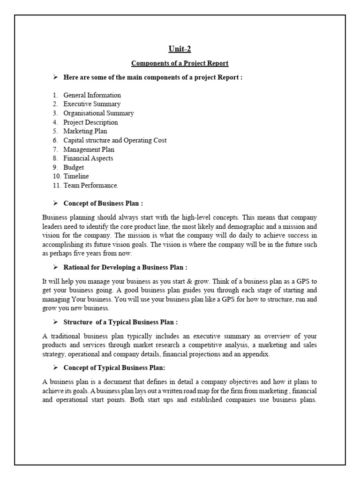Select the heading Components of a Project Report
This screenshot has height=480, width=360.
click(x=180, y=63)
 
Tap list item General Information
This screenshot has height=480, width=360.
click(x=92, y=95)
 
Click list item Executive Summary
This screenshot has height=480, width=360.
click(x=92, y=104)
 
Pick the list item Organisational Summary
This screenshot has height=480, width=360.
click(x=98, y=113)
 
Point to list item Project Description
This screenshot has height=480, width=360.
click(x=90, y=122)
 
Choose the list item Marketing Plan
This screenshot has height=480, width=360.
click(x=85, y=131)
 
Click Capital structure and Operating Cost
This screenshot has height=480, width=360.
click(x=115, y=140)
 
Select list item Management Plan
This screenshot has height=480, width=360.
click(x=89, y=150)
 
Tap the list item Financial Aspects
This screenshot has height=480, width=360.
click(x=88, y=158)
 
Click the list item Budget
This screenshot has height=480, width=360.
click(x=74, y=167)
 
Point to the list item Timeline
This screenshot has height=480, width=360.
click(x=76, y=176)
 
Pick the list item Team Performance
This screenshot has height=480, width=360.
click(x=91, y=186)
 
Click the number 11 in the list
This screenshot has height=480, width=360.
click(x=55, y=186)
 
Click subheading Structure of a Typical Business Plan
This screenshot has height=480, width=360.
click(x=120, y=322)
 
